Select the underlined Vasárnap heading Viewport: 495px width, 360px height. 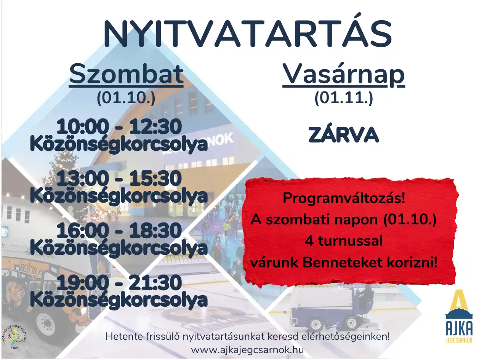pos(344,75)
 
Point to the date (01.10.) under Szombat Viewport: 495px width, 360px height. pos(126,98)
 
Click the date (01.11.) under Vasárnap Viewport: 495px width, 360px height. pos(344,98)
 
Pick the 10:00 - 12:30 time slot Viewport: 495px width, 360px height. pos(119,126)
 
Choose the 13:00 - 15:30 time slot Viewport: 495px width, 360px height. pos(119,178)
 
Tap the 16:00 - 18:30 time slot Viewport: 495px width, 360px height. pos(119,230)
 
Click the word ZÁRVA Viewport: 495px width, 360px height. pos(344,134)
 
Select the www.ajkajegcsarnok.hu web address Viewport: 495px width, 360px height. pos(248,350)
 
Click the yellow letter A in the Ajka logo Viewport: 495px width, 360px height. pos(459,301)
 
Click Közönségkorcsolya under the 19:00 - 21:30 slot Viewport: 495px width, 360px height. pos(119,300)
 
